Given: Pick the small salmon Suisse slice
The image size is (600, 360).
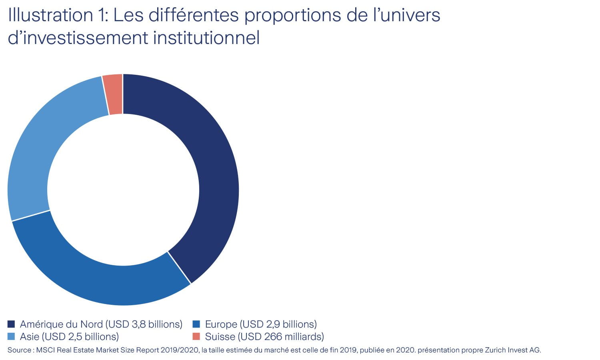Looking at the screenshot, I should pos(114,94).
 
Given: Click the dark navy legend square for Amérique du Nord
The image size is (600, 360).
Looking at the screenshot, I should pos(11,324).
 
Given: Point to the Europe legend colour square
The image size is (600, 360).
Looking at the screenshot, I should pos(196,324).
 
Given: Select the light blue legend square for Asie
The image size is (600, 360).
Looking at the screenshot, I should pos(11,336).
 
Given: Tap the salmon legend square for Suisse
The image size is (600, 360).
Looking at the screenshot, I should pos(196,336).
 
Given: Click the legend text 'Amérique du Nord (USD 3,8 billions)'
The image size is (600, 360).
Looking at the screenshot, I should pos(101,324).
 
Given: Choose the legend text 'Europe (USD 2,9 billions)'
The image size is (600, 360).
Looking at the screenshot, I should pos(261,324).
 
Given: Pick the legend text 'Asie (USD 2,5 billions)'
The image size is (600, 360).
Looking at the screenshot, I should pos(69,336).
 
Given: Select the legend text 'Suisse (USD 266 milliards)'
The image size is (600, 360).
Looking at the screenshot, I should pos(264,336).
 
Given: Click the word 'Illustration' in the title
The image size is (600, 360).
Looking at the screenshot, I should pos(50,15).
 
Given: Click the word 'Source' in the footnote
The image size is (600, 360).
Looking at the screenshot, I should pos(19,350).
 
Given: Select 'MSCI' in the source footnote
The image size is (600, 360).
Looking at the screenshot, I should pos(46,350).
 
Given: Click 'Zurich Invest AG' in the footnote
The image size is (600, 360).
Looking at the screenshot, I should pos(512,350).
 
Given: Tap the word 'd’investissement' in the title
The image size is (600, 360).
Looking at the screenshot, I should pos(78,38).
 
